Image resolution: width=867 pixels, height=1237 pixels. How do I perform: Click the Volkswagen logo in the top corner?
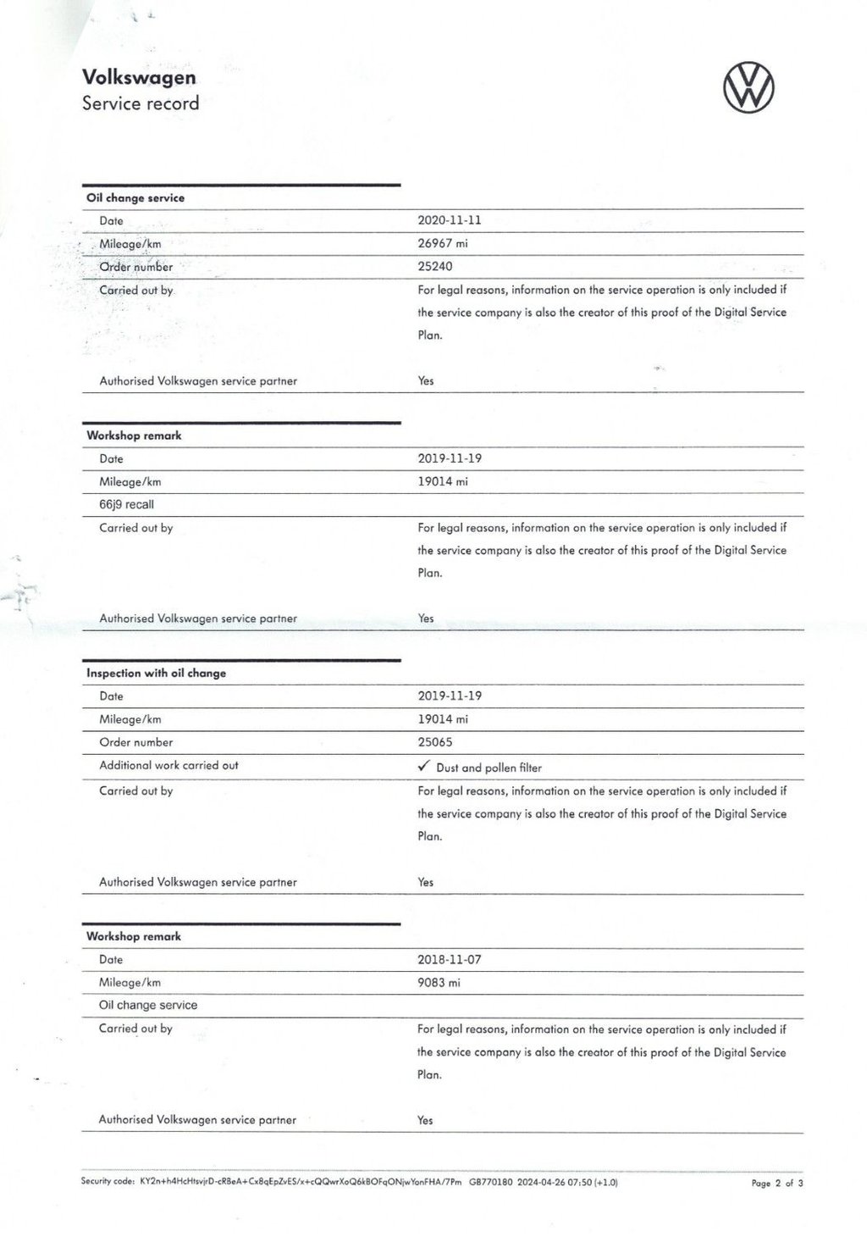pyautogui.click(x=748, y=89)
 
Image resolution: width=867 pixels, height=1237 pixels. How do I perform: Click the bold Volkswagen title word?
pyautogui.click(x=139, y=77)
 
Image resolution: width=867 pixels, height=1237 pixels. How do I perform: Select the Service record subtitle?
pyautogui.click(x=141, y=103)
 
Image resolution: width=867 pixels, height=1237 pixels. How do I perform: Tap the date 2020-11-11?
pyautogui.click(x=450, y=219)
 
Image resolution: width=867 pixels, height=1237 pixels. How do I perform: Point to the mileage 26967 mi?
pyautogui.click(x=443, y=243)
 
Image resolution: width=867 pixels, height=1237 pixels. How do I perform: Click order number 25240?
pyautogui.click(x=435, y=266)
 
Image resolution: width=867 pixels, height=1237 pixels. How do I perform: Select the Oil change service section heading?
pyautogui.click(x=135, y=197)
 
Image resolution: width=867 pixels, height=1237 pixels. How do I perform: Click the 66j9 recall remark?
pyautogui.click(x=127, y=504)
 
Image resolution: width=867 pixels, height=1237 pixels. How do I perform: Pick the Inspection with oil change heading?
pyautogui.click(x=157, y=673)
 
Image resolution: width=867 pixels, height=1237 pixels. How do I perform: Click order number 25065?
pyautogui.click(x=435, y=742)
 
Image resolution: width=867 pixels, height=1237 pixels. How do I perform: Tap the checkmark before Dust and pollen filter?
pyautogui.click(x=424, y=766)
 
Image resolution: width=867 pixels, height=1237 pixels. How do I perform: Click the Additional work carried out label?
pyautogui.click(x=169, y=765)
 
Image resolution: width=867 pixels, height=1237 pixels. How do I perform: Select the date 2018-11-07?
pyautogui.click(x=450, y=959)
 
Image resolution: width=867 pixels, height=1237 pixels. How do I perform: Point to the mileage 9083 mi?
pyautogui.click(x=439, y=983)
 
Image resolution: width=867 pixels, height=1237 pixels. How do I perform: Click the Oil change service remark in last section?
pyautogui.click(x=148, y=1005)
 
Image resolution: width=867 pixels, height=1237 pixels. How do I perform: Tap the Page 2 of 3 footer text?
pyautogui.click(x=776, y=1183)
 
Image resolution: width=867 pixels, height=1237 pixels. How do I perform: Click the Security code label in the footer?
pyautogui.click(x=108, y=1181)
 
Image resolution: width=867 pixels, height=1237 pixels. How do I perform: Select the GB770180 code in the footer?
pyautogui.click(x=490, y=1181)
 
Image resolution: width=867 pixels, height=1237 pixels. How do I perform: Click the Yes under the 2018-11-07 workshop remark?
pyautogui.click(x=425, y=1120)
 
